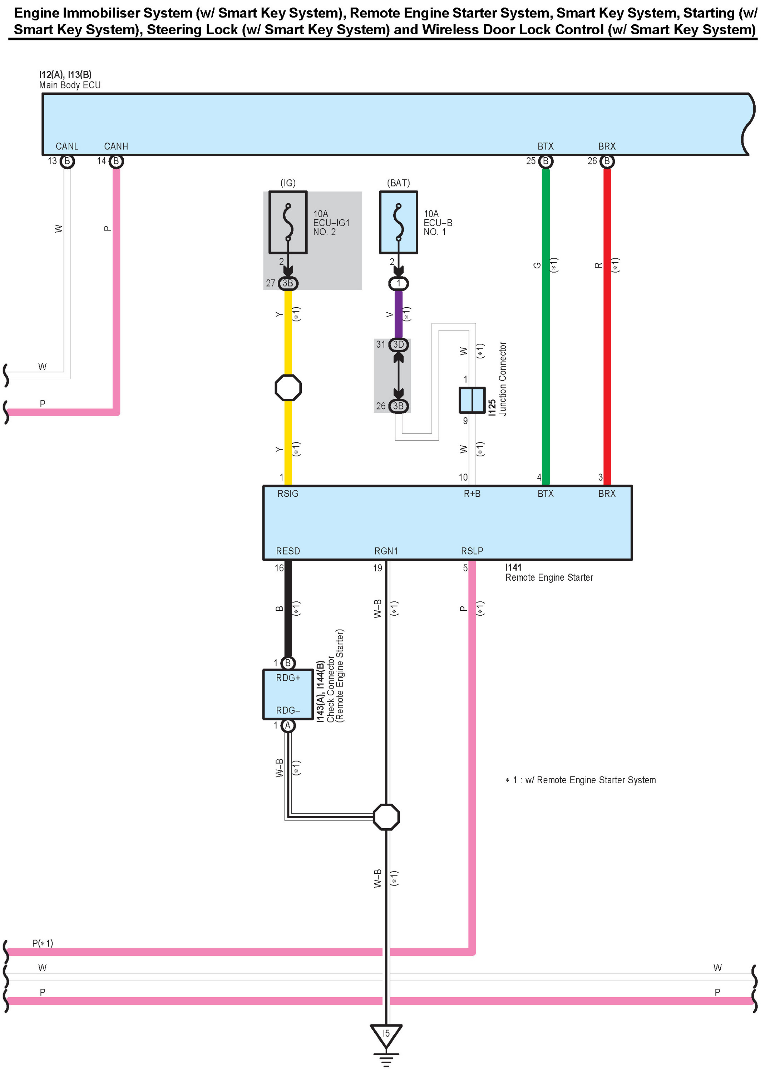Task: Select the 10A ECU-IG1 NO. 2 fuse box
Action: click(x=288, y=222)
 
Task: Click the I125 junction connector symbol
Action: click(x=472, y=400)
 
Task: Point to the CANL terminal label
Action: click(x=67, y=147)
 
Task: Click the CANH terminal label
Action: click(x=116, y=147)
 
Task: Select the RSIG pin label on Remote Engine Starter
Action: click(x=288, y=493)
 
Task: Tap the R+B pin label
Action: click(x=472, y=493)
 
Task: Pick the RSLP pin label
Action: click(x=472, y=551)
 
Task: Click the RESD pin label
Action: click(x=288, y=551)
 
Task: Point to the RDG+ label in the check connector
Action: click(x=288, y=678)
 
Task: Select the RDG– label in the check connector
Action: click(x=288, y=710)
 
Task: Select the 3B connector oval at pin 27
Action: click(x=288, y=283)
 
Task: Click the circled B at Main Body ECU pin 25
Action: click(x=546, y=162)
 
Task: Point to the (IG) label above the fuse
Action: click(x=288, y=183)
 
